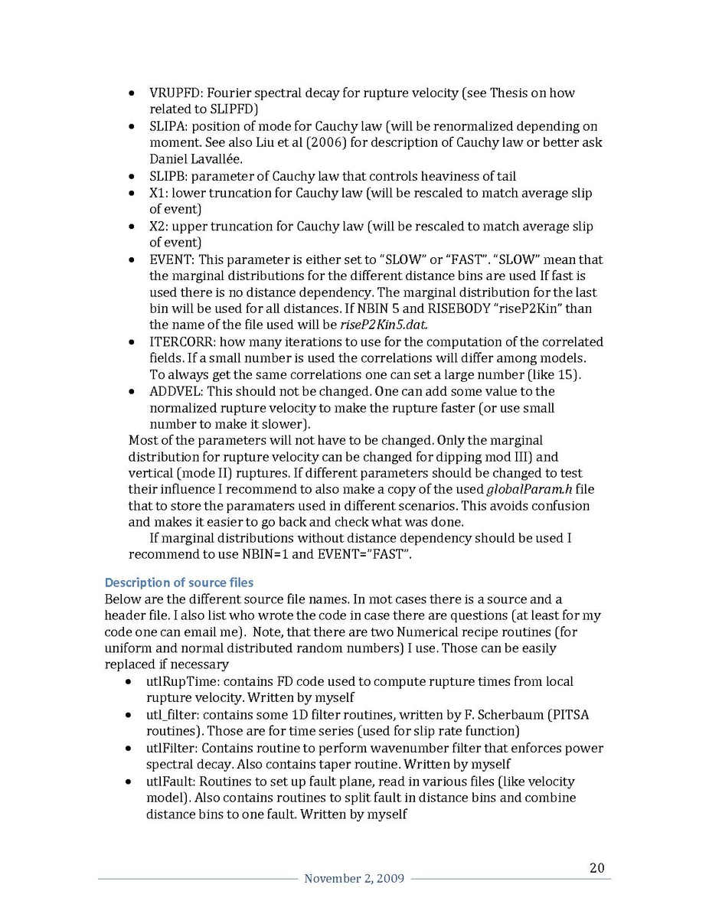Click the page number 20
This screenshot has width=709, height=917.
597,868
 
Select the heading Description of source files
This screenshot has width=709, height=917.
178,583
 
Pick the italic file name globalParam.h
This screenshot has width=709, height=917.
529,490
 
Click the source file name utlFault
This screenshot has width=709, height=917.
171,782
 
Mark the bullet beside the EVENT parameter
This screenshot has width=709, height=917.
132,260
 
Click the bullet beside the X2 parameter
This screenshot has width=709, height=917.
132,227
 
